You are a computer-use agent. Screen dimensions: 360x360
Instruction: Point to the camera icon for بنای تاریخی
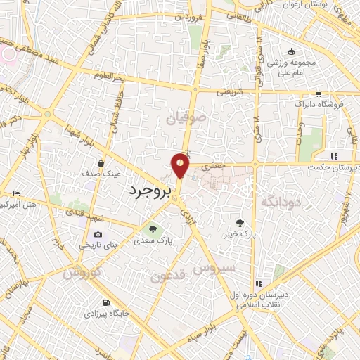(97, 234)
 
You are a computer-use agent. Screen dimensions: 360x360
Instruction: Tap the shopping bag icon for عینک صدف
(101, 164)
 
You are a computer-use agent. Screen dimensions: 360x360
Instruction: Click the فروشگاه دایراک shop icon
(319, 94)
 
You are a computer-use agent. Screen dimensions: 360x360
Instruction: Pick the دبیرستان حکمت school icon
(335, 156)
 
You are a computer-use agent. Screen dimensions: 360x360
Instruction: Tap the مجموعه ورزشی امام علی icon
(291, 52)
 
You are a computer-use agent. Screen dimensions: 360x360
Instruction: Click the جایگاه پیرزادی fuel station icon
(97, 304)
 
